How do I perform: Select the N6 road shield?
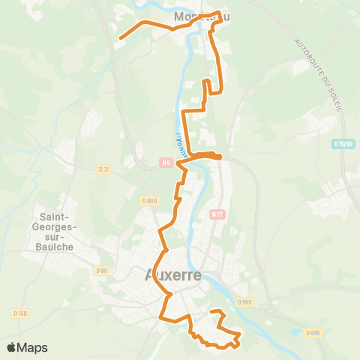[x=164, y=160]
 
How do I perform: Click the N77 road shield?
[x=217, y=214]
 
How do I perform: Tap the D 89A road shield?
[x=151, y=201]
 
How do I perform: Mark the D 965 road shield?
[x=244, y=301]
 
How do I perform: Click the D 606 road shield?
[x=313, y=333]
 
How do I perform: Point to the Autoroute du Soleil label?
[x=319, y=74]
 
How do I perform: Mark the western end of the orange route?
[x=120, y=37]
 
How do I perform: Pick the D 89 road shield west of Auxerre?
[x=102, y=270]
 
